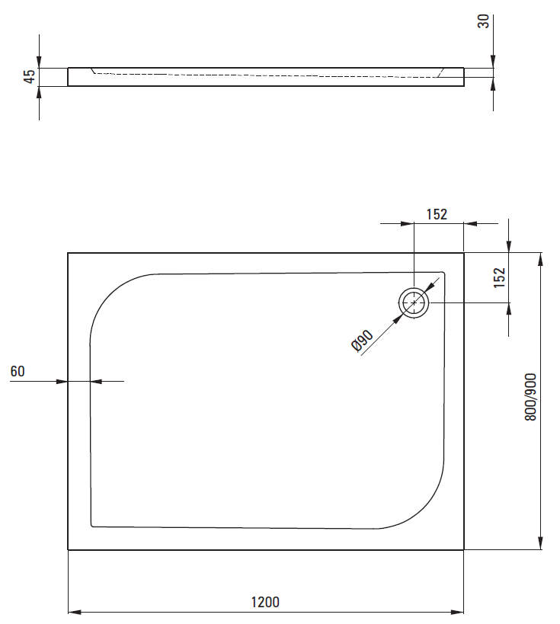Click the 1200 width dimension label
(x=265, y=602)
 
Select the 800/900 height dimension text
(x=531, y=396)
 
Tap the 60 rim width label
(x=18, y=371)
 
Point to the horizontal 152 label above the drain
(x=436, y=214)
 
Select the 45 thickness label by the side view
(x=29, y=76)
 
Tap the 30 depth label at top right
(x=483, y=21)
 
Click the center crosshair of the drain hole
(x=414, y=303)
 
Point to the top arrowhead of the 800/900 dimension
(x=540, y=258)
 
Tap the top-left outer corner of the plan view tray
(x=69, y=253)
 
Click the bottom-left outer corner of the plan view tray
(x=69, y=549)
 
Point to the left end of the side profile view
(x=69, y=77)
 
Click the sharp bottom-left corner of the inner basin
(x=92, y=525)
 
